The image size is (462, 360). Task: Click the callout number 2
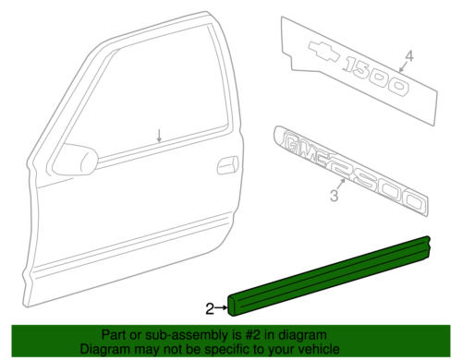pos(210,307)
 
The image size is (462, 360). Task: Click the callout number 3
pos(334,196)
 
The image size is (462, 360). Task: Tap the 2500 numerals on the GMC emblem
pos(379,185)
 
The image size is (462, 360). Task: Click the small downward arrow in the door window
pos(158,136)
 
